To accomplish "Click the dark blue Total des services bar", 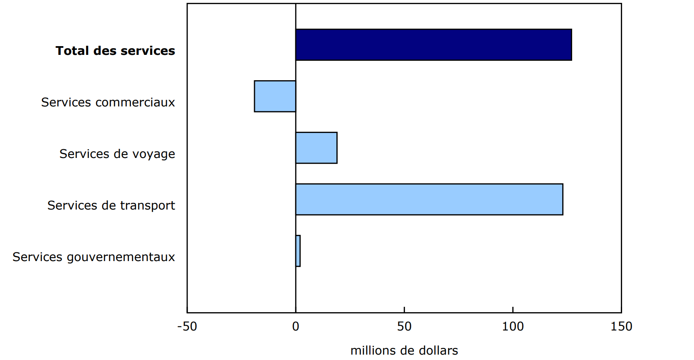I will [x=433, y=45].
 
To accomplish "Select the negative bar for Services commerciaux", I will [x=275, y=96].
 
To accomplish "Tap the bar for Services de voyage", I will [x=316, y=148].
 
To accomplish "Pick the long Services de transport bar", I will [x=429, y=200].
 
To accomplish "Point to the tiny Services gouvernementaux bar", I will [x=298, y=251].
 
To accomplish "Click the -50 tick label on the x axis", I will [x=187, y=327].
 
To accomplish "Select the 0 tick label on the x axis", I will [x=296, y=327].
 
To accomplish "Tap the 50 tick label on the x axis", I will [x=404, y=327].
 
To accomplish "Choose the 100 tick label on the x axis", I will [x=513, y=327].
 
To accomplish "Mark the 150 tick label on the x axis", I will [x=621, y=327].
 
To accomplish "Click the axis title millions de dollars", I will [x=404, y=350].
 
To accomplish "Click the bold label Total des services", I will [x=115, y=51].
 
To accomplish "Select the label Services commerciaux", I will [x=108, y=102].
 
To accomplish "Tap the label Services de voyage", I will [x=117, y=154].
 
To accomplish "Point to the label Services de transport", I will [x=111, y=205].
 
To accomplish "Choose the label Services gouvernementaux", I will [x=94, y=257].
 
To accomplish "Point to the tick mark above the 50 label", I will [x=404, y=310].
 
